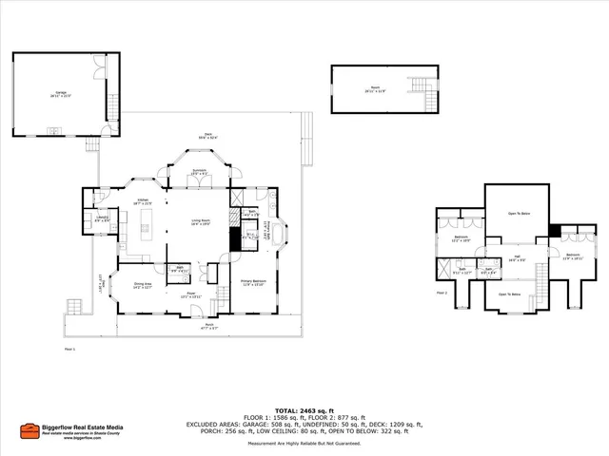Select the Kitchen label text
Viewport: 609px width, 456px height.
pyautogui.click(x=143, y=202)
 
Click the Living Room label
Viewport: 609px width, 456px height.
pyautogui.click(x=200, y=222)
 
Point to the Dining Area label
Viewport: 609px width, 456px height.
pyautogui.click(x=143, y=285)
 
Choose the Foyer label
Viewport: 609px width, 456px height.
pyautogui.click(x=189, y=294)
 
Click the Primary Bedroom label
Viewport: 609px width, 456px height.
pyautogui.click(x=252, y=282)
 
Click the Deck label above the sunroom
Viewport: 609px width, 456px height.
pyautogui.click(x=206, y=136)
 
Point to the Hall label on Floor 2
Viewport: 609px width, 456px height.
pyautogui.click(x=517, y=256)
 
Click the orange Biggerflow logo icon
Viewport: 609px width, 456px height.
pyautogui.click(x=29, y=429)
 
